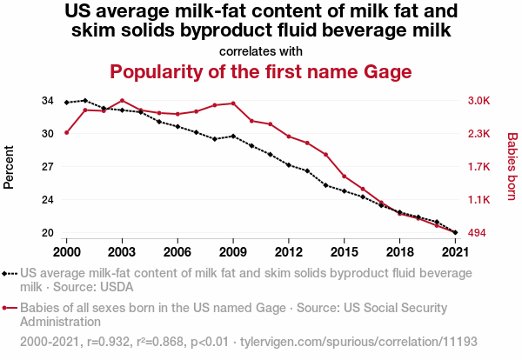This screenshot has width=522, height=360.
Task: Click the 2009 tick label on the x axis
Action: point(233,251)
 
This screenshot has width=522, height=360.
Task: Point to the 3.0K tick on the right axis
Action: point(479,101)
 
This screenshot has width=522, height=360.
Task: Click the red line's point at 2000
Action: point(66,132)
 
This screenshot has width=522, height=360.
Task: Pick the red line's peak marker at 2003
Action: point(122,100)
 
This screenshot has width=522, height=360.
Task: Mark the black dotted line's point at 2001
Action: point(84,101)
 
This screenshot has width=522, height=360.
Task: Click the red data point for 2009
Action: point(233,103)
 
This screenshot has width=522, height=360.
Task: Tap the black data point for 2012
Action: point(289,164)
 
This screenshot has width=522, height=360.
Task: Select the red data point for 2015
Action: point(345,177)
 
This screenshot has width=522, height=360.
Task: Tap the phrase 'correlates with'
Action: point(260,50)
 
